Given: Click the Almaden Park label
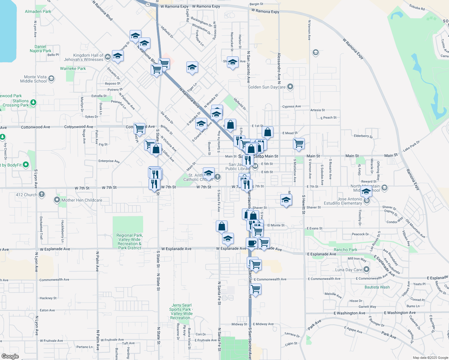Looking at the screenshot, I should [x=38, y=11].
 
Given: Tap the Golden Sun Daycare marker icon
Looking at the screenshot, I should [x=290, y=87].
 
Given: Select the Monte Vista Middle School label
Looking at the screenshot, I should [x=33, y=79].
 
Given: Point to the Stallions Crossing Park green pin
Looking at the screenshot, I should [x=33, y=103].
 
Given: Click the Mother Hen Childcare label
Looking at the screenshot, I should [x=82, y=200].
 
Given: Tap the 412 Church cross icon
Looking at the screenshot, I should [x=42, y=194].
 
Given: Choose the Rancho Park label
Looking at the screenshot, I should [x=345, y=250].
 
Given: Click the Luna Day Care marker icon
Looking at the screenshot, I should [x=366, y=269].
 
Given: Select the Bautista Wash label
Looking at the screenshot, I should [x=377, y=287].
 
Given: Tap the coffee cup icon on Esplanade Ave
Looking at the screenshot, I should [x=252, y=243].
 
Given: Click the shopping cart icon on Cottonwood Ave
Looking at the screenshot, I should [x=139, y=128].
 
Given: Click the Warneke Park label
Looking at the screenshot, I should [x=73, y=68].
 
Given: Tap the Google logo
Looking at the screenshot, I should [x=10, y=356].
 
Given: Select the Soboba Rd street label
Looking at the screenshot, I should [x=417, y=7].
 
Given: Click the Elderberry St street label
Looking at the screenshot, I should [x=363, y=136].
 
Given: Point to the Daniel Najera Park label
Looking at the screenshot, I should [x=41, y=49].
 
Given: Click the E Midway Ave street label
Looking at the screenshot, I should [x=263, y=324].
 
